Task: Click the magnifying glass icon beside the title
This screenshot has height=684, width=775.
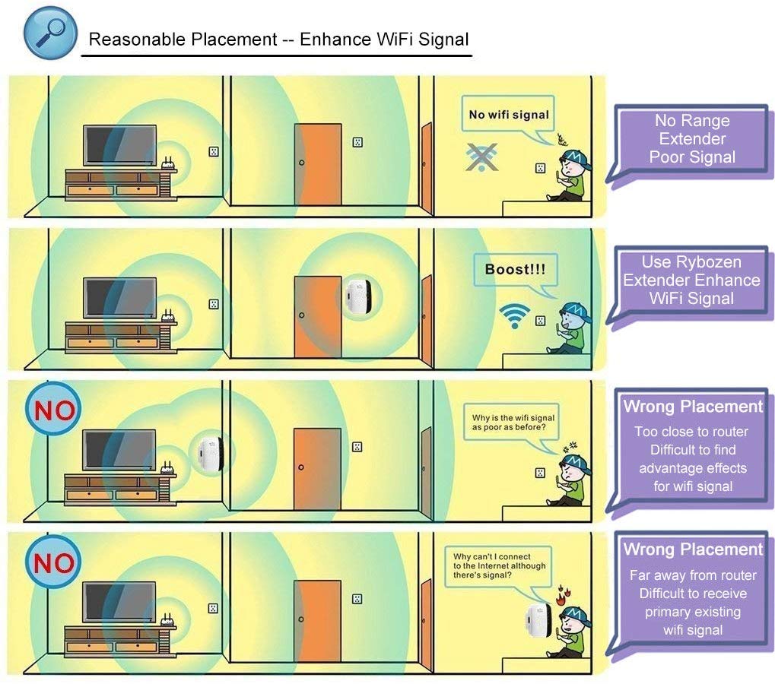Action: coord(50,33)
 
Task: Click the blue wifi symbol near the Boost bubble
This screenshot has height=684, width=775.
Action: coord(515,315)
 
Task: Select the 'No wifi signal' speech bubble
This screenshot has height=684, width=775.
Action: coord(509,116)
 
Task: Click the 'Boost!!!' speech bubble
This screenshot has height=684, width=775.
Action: coord(515,270)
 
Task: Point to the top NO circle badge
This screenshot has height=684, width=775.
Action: coord(53,411)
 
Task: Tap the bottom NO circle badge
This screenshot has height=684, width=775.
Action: coord(53,563)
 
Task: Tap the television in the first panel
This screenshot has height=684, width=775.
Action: coord(121,145)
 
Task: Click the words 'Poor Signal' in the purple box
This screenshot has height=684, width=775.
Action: coord(692,157)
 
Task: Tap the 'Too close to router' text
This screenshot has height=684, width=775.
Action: coord(691,432)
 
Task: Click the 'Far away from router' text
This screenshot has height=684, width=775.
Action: coord(693,575)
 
